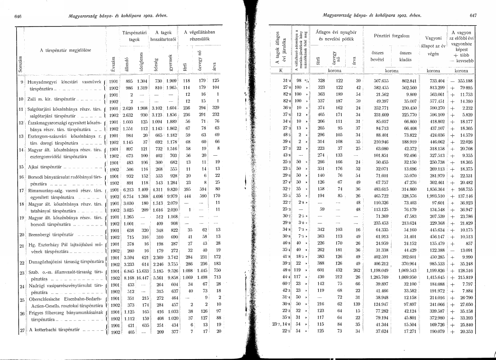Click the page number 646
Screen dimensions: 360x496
18,17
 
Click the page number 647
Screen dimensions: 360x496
473,17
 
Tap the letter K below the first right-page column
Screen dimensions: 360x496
280,71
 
